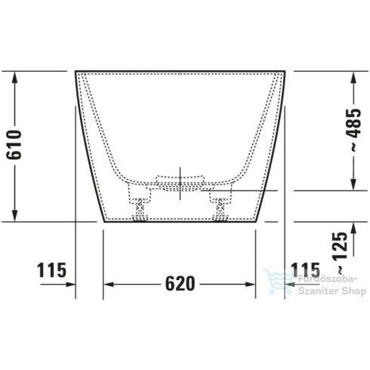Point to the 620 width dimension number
(x=181, y=284)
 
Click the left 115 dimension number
(x=51, y=270)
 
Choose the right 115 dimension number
(x=307, y=270)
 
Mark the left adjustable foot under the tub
(x=140, y=207)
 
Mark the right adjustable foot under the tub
(x=221, y=207)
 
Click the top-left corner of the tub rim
(x=76, y=72)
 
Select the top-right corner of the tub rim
(x=286, y=72)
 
